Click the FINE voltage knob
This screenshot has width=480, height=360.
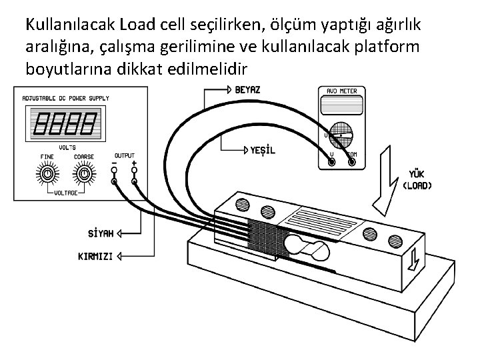[x=47, y=175]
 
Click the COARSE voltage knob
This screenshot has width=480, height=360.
[x=83, y=175]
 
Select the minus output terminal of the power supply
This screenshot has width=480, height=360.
[x=115, y=181]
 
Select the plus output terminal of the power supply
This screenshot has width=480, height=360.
[x=134, y=181]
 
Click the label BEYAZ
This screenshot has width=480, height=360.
[x=248, y=89]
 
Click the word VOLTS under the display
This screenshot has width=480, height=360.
[x=67, y=147]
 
